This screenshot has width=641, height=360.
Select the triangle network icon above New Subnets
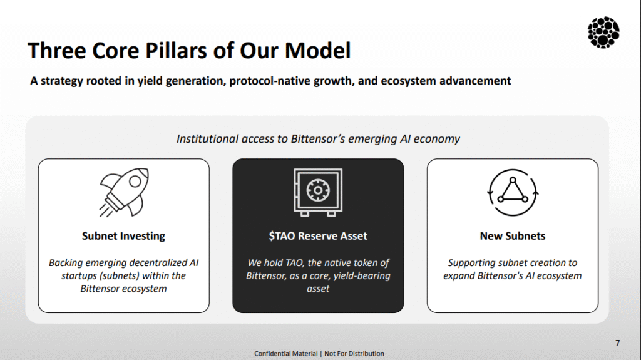pyautogui.click(x=513, y=192)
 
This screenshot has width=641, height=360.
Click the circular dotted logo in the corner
pyautogui.click(x=603, y=33)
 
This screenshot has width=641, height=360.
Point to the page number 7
pyautogui.click(x=618, y=343)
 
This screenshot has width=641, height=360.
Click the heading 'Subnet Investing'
pyautogui.click(x=123, y=236)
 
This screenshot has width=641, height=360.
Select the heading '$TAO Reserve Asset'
pyautogui.click(x=318, y=236)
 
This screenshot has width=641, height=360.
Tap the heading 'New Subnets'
pyautogui.click(x=513, y=236)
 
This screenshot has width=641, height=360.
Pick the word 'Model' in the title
pyautogui.click(x=317, y=51)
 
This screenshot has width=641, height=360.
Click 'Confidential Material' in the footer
pyautogui.click(x=285, y=354)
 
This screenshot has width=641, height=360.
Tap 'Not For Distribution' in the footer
pyautogui.click(x=354, y=354)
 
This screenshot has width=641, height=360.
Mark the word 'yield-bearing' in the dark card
pyautogui.click(x=362, y=276)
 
